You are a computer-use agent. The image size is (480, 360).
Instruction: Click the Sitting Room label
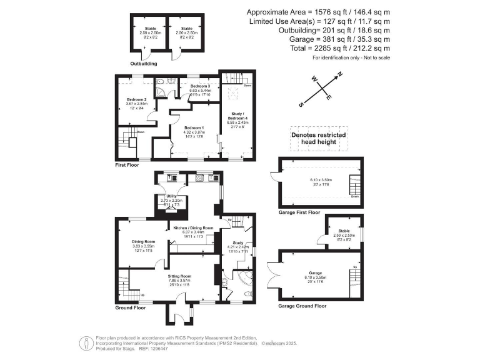coord(179,276)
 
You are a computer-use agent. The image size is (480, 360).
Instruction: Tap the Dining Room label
coord(143,241)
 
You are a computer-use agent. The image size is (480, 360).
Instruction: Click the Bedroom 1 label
coord(193,127)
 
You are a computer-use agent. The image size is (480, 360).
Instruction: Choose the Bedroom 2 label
coord(136,99)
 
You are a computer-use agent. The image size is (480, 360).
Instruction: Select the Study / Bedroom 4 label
coord(237,116)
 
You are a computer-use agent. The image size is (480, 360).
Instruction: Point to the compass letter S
coord(301,104)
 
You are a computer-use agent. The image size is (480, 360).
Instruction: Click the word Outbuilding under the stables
coord(143,64)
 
